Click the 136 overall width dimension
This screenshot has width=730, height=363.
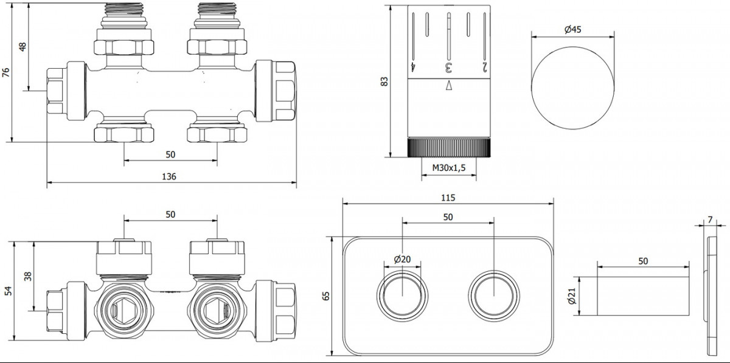pos(169,176)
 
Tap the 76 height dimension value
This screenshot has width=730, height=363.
pos(6,72)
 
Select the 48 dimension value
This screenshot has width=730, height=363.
pos(23,47)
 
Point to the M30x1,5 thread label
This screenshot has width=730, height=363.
pos(449,168)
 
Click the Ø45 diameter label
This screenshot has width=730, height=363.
pos(572,29)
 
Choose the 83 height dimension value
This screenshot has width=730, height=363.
pos(384,81)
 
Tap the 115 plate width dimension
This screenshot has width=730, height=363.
pos(448,198)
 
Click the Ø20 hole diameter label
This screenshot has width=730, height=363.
pos(402,260)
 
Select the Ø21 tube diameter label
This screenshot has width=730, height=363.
pos(572,296)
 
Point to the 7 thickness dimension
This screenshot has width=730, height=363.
pos(710,220)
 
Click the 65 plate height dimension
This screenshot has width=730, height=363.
pos(325,296)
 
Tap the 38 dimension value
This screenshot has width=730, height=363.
pos(28,276)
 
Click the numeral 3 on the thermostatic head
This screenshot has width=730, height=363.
pos(449,67)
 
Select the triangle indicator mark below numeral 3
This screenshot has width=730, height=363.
pos(449,85)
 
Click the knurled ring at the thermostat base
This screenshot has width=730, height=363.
pos(449,148)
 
